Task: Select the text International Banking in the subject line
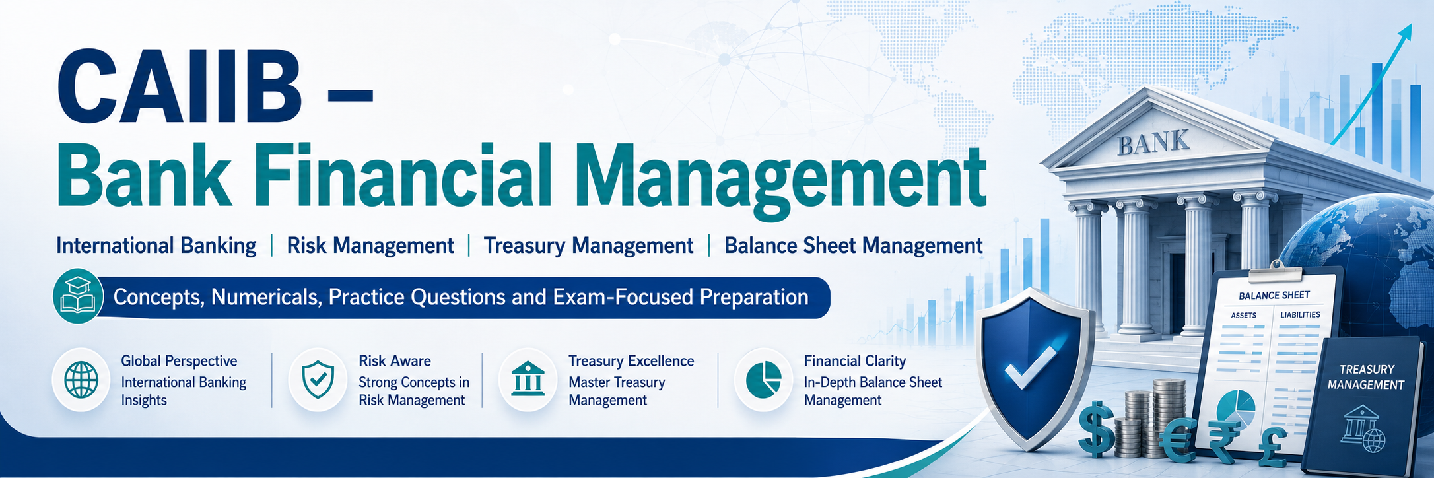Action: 156,246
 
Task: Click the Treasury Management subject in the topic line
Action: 588,246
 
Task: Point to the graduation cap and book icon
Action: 79,296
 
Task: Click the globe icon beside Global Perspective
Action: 81,380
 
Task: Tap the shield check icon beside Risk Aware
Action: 318,380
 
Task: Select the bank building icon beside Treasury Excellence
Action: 528,380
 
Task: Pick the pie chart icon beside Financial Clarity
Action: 763,380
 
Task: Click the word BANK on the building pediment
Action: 1153,143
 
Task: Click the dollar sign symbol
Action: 1097,428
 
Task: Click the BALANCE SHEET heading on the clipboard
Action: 1274,296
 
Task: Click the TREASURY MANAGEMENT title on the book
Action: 1366,377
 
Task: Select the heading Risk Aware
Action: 395,361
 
